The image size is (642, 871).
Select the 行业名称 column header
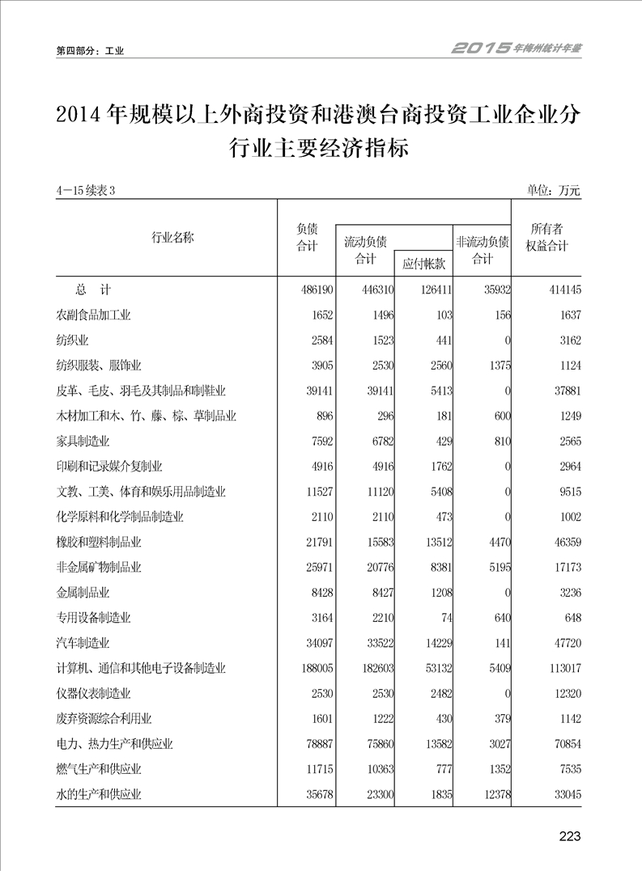[x=172, y=237]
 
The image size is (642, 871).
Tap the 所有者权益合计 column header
[x=546, y=237]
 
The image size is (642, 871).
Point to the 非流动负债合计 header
[x=482, y=249]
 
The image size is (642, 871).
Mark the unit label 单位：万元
[x=554, y=191]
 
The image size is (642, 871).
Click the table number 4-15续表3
[x=88, y=191]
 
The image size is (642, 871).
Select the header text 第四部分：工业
[x=89, y=51]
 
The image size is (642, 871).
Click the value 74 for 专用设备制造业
[x=444, y=618]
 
